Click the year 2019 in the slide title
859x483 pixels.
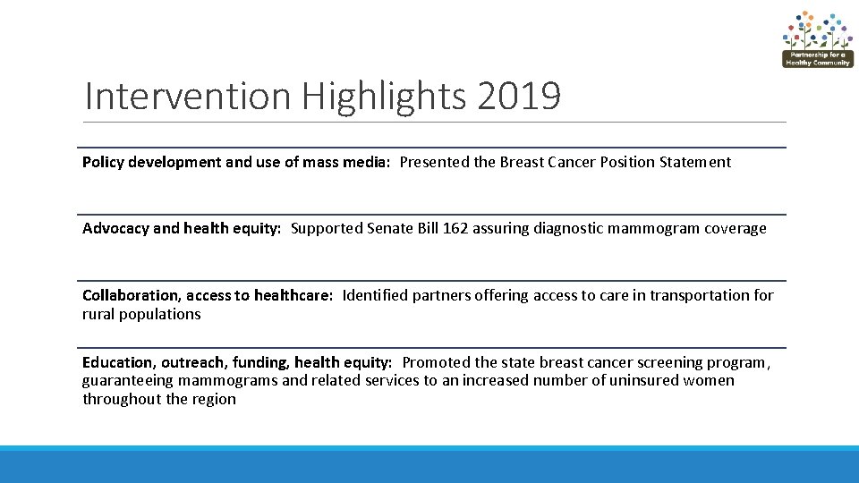[519, 97]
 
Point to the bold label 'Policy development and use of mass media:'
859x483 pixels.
[236, 162]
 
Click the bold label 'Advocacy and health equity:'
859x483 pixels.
[182, 228]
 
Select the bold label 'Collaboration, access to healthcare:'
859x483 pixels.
[208, 295]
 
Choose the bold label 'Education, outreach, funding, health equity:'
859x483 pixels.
[237, 362]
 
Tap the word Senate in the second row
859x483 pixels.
[390, 228]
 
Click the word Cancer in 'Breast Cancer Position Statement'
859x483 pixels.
[568, 162]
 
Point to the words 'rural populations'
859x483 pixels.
[141, 314]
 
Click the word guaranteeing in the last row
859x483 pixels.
[125, 380]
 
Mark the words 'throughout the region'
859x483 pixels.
[159, 399]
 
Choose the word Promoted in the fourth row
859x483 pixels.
[437, 362]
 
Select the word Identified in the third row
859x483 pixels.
[375, 295]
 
